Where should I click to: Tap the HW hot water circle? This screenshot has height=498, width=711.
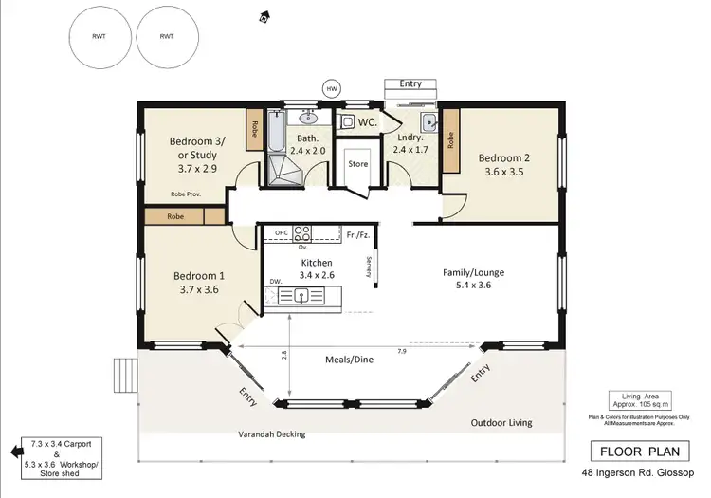(x=332, y=88)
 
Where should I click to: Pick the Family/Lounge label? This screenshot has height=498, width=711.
(x=473, y=272)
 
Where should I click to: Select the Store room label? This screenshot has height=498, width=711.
(x=357, y=163)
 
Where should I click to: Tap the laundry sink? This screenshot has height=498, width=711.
(x=428, y=121)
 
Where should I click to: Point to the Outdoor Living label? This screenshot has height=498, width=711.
(x=501, y=423)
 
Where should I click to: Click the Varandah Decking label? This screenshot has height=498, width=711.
(x=271, y=434)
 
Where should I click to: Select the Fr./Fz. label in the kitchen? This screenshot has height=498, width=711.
(x=357, y=232)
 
